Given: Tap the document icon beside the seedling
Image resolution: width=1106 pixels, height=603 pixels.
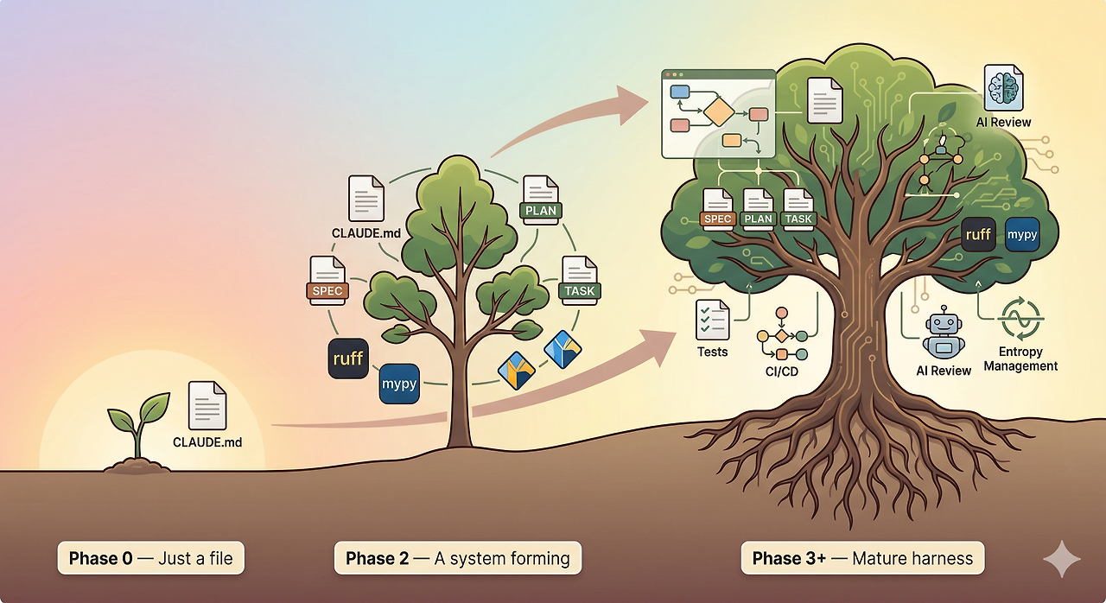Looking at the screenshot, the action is click(x=207, y=405).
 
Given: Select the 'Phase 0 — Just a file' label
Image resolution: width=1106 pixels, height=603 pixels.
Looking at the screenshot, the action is click(x=150, y=558).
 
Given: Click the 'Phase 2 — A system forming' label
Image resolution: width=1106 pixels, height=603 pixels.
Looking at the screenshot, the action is click(x=458, y=558).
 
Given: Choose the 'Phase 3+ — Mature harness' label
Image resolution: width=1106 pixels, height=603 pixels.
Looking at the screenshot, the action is click(x=862, y=558).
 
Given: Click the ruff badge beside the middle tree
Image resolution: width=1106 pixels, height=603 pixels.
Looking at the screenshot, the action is click(x=348, y=359).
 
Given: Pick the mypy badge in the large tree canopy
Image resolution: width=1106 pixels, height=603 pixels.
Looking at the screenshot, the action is click(x=1022, y=234).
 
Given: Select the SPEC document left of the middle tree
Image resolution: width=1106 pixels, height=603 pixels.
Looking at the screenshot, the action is click(x=327, y=280).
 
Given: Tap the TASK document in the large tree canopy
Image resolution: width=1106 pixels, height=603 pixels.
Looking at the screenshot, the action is click(x=798, y=210).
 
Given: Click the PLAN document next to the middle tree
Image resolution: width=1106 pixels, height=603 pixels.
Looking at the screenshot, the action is click(x=541, y=200).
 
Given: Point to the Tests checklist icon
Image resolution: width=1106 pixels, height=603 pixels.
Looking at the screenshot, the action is click(x=713, y=320).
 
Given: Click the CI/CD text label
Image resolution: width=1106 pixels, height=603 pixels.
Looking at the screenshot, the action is click(x=782, y=371).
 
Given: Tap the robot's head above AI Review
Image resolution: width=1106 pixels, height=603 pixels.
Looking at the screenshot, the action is click(x=944, y=324).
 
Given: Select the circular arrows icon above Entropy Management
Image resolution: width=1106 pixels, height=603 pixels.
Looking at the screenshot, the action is click(x=1020, y=319).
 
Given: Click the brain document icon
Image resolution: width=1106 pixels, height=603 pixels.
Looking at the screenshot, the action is click(x=1003, y=87).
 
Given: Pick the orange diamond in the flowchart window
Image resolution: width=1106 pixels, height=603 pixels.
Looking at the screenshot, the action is click(x=718, y=112).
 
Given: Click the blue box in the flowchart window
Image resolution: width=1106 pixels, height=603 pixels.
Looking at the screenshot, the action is click(x=680, y=92).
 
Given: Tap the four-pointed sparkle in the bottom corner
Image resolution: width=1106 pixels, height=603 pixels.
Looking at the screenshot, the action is click(x=1062, y=559).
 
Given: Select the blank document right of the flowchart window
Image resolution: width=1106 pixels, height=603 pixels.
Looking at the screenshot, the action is click(x=825, y=101).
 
